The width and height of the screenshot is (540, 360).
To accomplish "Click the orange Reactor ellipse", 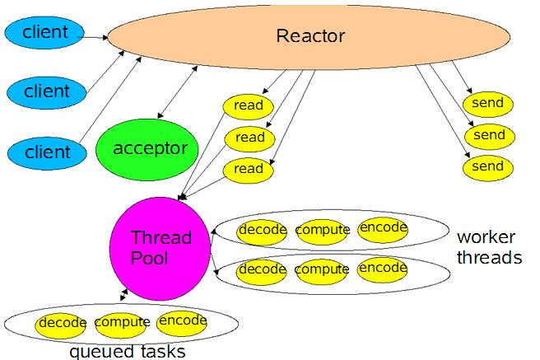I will click(x=310, y=37).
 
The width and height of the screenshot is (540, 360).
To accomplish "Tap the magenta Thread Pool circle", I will click(x=161, y=247).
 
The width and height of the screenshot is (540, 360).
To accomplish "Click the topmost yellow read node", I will click(x=249, y=105).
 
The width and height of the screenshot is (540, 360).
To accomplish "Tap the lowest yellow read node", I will click(x=249, y=169).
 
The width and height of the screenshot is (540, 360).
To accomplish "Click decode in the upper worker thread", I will click(x=263, y=230).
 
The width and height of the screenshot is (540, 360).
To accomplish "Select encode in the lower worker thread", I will click(x=383, y=269).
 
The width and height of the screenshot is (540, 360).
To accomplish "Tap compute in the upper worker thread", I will click(x=323, y=230).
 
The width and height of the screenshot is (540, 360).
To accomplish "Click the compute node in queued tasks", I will click(x=122, y=322).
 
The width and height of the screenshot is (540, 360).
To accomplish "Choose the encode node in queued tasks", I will click(x=182, y=320).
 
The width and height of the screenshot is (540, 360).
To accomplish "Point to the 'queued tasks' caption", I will click(x=127, y=352).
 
